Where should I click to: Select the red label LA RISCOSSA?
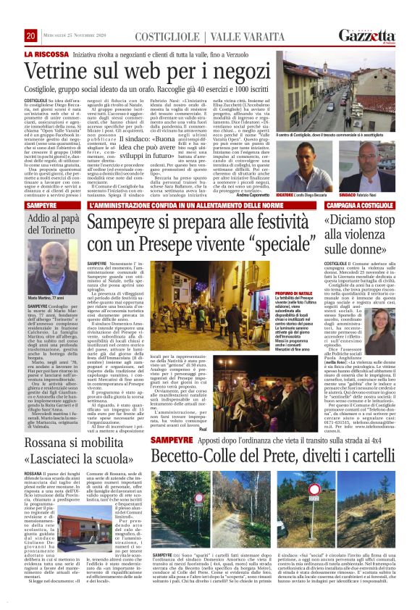pos(49,54)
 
